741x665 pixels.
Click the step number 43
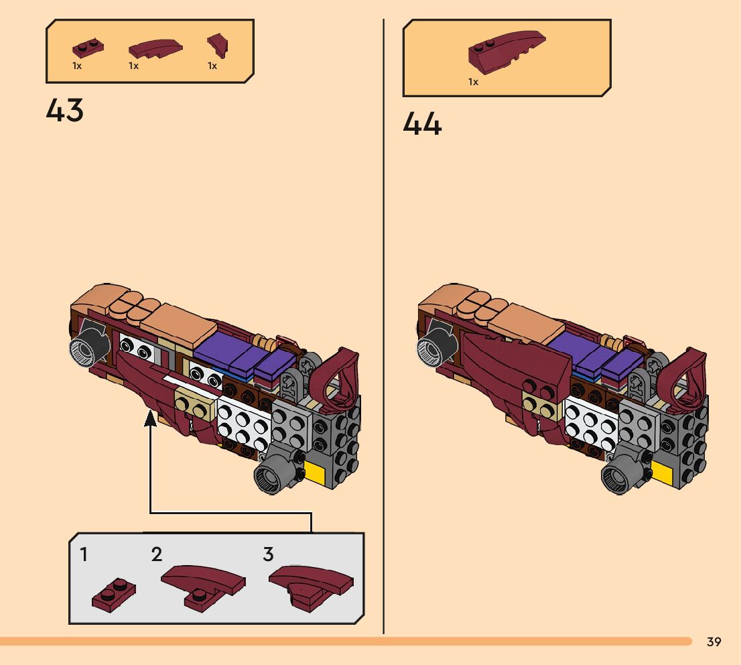coord(65,111)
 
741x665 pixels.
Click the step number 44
coord(422,124)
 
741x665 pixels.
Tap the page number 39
coord(714,642)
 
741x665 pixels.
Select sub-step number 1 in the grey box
coord(84,555)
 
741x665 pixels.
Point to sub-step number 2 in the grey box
coord(157,555)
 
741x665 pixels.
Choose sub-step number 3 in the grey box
coord(268,555)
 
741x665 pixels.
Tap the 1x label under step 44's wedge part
coord(473,82)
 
